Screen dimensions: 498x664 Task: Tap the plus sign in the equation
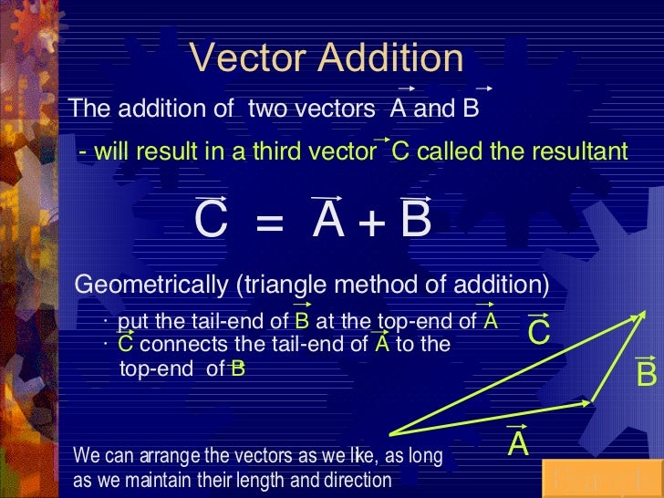click(370, 223)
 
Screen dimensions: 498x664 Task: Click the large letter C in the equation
click(211, 221)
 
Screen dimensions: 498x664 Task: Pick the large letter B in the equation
click(415, 221)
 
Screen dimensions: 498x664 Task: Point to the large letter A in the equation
click(327, 221)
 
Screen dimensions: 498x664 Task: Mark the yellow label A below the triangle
click(518, 444)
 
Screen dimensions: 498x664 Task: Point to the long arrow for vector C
click(511, 374)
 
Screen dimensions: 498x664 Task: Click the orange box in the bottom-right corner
click(602, 479)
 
